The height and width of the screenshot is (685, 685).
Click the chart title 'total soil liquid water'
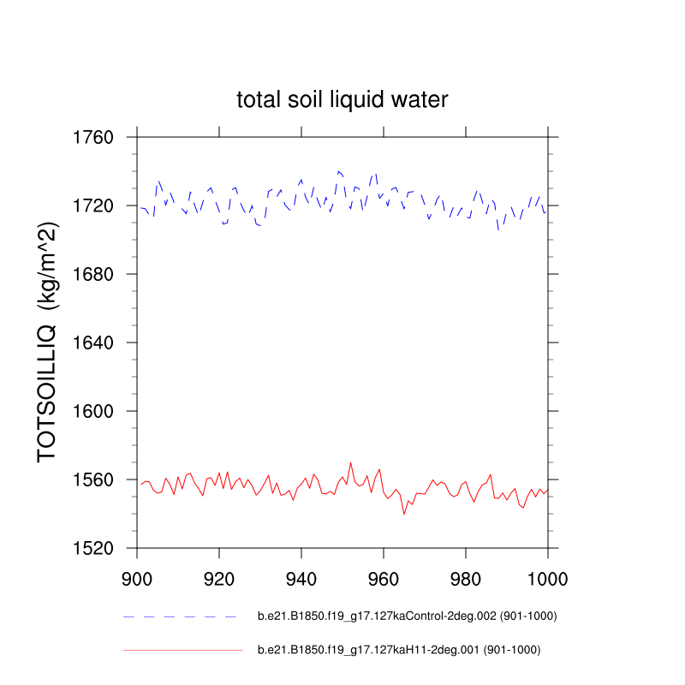coord(342,100)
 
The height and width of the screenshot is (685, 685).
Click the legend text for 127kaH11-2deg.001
coord(399,650)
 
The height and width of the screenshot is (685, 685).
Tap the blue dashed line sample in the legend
coord(180,616)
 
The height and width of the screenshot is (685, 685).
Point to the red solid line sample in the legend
coord(183,650)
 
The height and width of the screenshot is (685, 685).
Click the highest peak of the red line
coord(351,462)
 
